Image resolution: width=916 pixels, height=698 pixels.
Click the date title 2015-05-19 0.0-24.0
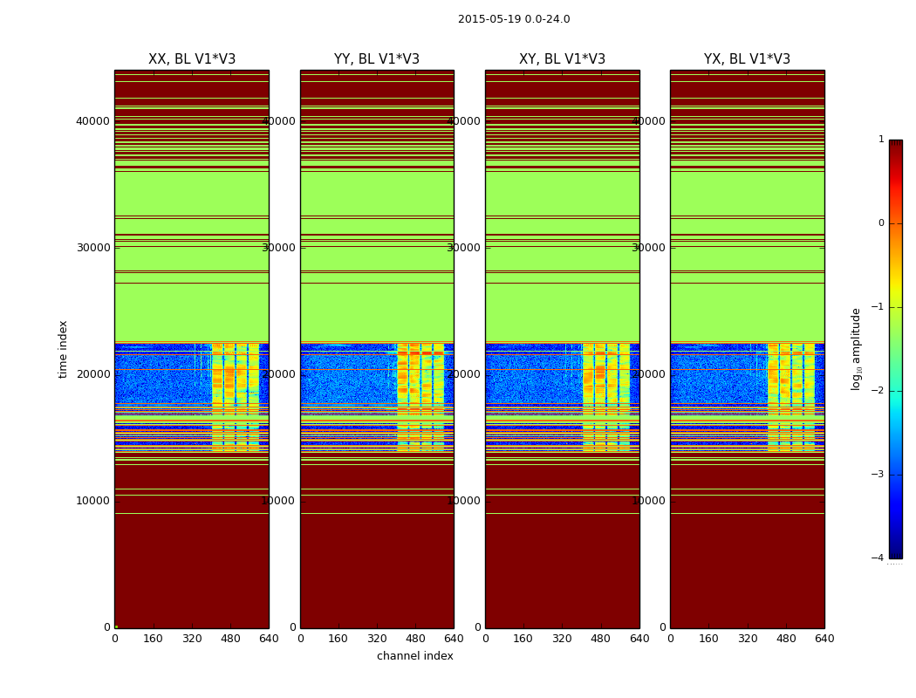coord(514,19)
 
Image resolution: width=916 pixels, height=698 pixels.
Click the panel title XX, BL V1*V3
coord(192,59)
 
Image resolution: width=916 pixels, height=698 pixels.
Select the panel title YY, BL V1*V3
coord(377,59)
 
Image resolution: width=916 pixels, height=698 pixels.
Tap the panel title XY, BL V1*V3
coord(562,59)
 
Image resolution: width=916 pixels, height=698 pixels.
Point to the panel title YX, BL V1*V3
coord(747,59)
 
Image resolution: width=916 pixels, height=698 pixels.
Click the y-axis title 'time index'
coord(63,349)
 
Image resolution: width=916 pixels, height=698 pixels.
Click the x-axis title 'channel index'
coord(415,656)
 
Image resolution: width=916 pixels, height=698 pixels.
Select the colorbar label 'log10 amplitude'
coord(857,349)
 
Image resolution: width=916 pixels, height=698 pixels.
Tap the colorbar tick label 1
coord(881,140)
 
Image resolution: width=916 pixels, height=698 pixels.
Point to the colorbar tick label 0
coord(881,223)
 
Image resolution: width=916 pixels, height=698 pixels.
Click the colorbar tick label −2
coord(878,391)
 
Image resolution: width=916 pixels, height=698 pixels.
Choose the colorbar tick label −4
coord(878,558)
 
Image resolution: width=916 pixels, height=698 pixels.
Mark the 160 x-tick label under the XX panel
coord(154,639)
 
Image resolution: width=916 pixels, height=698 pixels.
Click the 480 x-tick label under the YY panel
coord(415,639)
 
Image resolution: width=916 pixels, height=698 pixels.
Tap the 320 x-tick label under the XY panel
coord(562,639)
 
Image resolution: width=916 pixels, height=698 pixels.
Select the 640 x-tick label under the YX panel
coord(824,639)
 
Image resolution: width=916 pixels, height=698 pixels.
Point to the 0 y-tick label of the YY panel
coord(293,627)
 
